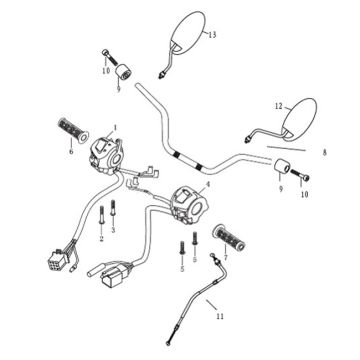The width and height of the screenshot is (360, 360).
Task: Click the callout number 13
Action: coord(212,34)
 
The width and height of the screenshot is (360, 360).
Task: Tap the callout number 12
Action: coord(279,106)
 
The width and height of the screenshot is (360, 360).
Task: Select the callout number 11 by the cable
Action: coord(219,316)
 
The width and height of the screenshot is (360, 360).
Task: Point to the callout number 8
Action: coord(325,153)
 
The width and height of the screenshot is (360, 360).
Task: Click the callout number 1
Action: coord(115,127)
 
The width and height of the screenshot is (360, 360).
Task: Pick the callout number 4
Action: coord(208,184)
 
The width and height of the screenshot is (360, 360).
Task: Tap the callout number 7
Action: coord(225,257)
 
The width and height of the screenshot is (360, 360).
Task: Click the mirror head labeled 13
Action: coord(188,32)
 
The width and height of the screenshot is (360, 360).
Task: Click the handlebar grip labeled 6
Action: coord(73,130)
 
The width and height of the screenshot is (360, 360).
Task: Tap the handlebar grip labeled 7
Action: coord(229,238)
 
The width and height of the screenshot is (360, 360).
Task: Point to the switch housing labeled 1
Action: coord(106,156)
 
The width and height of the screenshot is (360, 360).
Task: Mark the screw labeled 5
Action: coord(182,249)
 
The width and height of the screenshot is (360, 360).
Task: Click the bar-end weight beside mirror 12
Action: coord(282,167)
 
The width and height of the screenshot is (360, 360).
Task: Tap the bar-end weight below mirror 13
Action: coord(123,72)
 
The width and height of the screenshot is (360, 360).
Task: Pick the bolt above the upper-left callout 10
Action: coord(109,57)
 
